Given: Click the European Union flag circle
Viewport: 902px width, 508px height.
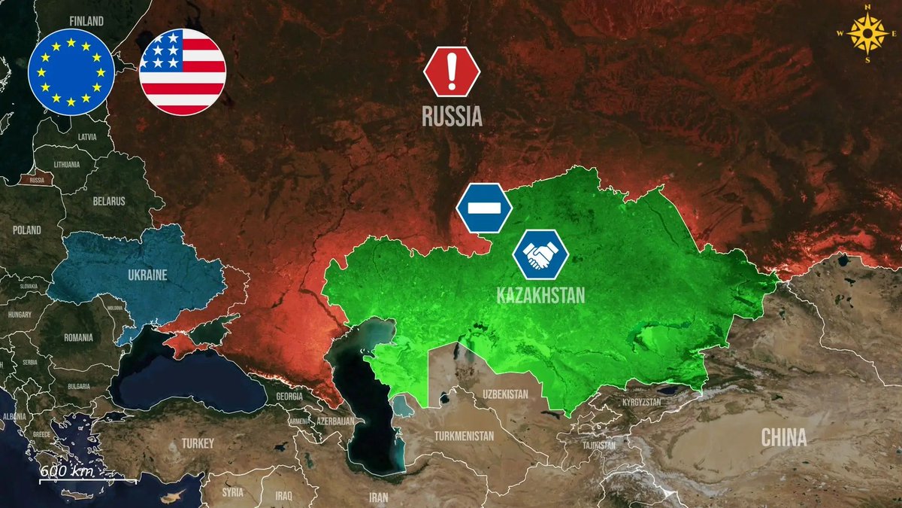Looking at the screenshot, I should [71, 71].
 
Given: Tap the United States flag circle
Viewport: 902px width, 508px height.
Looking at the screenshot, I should [183, 71].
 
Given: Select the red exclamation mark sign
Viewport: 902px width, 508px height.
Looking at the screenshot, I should [452, 71].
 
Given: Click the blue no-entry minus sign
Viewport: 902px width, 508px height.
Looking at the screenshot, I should [484, 207].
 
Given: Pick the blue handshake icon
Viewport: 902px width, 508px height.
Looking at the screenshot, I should [540, 254].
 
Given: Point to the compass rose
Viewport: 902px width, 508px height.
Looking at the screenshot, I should [867, 32].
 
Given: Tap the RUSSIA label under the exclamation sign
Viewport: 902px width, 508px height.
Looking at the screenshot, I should [452, 117].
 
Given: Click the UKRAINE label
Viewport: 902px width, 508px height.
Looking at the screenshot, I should [147, 274].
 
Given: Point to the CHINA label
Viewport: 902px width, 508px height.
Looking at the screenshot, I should [784, 437].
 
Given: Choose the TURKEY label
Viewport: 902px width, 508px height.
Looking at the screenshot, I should [198, 443].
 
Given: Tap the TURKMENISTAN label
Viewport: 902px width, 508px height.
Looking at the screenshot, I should [465, 436].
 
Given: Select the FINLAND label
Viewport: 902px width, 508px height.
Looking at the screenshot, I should [86, 21].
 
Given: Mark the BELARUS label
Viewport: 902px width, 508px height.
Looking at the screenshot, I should [109, 201].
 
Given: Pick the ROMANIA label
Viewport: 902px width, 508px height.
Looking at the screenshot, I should [78, 338].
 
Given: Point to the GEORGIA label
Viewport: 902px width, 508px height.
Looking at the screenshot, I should [289, 396].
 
